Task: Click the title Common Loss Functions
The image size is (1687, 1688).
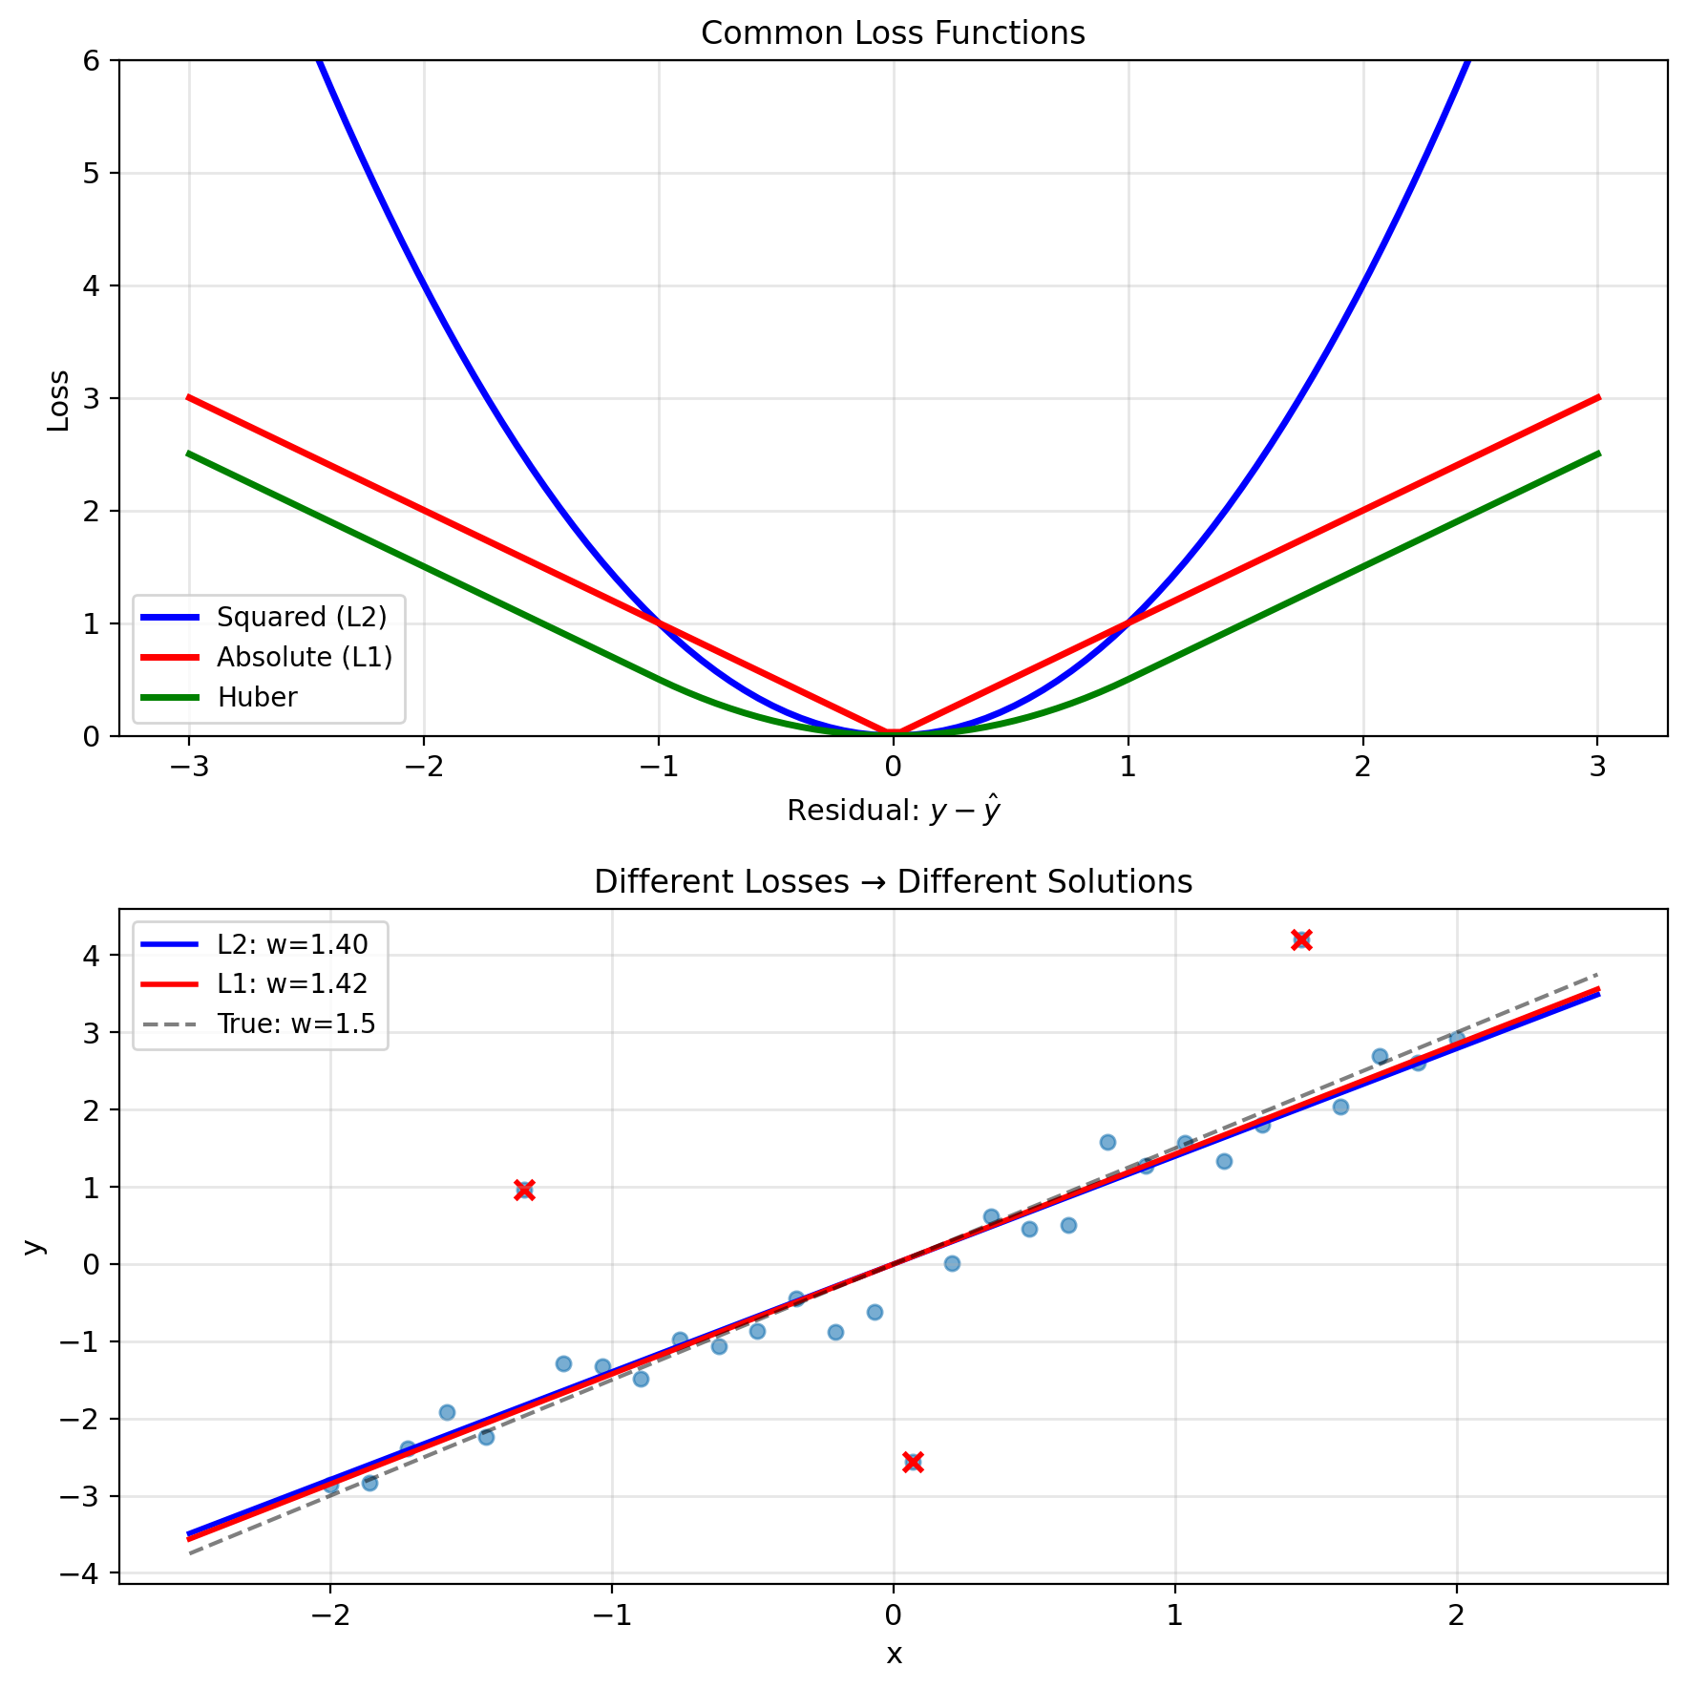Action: pos(893,33)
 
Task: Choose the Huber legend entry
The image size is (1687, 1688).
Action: pos(257,697)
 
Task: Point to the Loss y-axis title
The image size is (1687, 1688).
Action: pos(58,400)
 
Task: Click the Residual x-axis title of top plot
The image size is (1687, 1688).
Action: pos(893,811)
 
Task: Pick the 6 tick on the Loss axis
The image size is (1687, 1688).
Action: pos(92,61)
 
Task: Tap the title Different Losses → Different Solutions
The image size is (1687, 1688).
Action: pos(893,881)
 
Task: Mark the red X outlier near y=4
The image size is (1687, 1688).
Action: pos(1301,939)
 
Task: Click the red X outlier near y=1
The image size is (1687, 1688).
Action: pos(524,1190)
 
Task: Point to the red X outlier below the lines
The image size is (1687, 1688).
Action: pos(913,1463)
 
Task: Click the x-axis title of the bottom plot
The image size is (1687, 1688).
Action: pos(894,1655)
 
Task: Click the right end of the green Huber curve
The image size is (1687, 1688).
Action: pos(1597,454)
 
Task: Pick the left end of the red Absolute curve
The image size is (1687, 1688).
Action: pos(189,397)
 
